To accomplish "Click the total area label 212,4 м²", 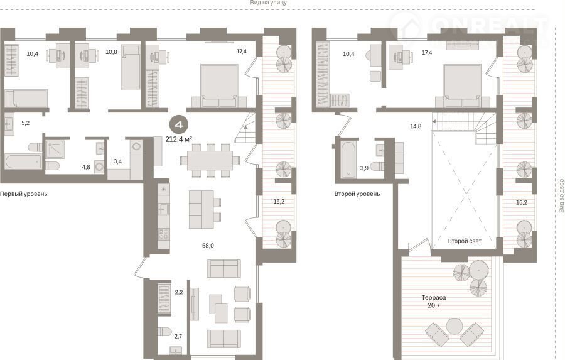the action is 179,139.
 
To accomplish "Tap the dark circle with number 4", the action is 179,125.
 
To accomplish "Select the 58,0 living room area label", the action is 208,246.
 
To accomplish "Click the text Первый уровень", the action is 23,194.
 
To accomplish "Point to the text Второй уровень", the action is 357,194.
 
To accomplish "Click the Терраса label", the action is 434,298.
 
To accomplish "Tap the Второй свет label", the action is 465,241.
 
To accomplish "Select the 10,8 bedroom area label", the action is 111,52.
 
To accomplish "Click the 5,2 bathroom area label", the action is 25,123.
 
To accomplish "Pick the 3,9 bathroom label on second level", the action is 364,168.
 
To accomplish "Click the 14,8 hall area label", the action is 416,126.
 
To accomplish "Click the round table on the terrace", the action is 454,327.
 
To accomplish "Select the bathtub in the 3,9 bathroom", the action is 348,160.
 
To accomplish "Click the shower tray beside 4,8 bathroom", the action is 55,150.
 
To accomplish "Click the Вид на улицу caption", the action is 269,3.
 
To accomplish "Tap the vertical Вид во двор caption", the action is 561,195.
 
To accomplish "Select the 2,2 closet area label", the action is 179,292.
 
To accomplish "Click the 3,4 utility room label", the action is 117,161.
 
